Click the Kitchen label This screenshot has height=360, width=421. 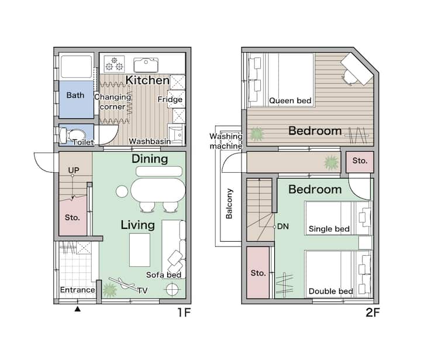point(147,80)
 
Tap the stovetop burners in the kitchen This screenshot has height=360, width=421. point(115,64)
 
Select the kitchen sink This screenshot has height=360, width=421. point(146,65)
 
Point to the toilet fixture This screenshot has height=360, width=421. point(73,135)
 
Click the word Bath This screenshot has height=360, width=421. point(75,95)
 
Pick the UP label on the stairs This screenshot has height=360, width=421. point(74,170)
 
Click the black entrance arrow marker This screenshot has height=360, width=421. point(78,309)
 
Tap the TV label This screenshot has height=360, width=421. point(142,291)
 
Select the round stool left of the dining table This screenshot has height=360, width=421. point(122,191)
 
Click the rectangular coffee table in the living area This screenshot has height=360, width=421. point(140,250)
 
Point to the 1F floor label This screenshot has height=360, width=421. point(184,313)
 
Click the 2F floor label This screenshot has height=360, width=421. point(372,313)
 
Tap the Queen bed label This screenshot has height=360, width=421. point(290,101)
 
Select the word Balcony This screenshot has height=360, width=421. point(229,204)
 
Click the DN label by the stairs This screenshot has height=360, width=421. point(283,227)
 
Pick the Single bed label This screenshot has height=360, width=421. point(329,229)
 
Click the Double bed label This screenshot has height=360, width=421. point(331,291)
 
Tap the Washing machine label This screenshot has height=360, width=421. point(226,141)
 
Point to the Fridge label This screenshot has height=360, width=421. point(170,100)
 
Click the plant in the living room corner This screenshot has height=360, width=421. point(110,290)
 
